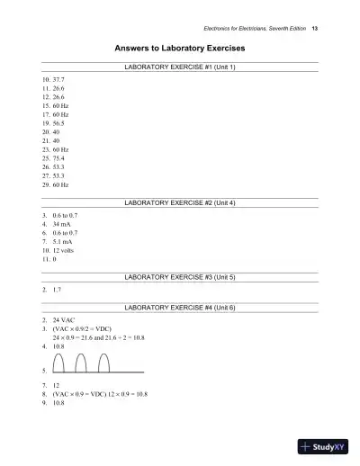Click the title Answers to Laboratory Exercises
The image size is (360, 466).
click(180, 47)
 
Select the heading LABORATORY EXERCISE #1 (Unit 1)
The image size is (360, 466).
click(180, 67)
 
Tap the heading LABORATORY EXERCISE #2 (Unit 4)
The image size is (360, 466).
click(180, 203)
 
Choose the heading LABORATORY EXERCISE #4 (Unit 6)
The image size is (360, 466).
click(180, 308)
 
